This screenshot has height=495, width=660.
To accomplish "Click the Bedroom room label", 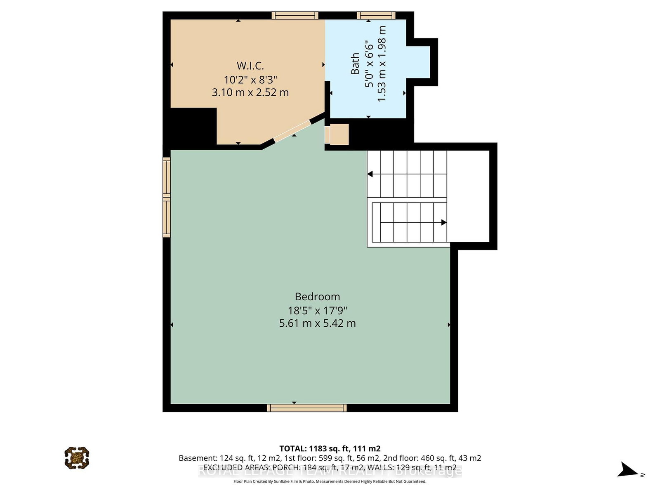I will coord(317,297).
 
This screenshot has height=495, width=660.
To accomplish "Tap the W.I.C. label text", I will coord(250,66).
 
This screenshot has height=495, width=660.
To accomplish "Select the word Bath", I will coord(355,64).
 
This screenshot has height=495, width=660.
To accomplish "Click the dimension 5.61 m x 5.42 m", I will coord(317,323).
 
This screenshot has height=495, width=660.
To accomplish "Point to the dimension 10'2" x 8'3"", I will coord(250,79).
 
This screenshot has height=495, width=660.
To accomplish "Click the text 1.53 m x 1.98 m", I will coord(382,64).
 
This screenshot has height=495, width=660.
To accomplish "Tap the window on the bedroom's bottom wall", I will coord(306,408).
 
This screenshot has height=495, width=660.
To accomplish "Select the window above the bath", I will coord(376,16).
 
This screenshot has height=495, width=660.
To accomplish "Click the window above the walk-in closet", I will coord(295,16).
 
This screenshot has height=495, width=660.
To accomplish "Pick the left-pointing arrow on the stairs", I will coord(370,174).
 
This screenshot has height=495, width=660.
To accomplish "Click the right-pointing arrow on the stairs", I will coord(443,222).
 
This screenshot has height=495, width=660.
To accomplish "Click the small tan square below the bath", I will coord(339,134).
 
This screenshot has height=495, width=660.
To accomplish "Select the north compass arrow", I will coord(629,470).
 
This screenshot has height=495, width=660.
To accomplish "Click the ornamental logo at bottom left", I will coord(77,457).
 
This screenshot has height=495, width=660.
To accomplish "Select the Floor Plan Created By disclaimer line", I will coord(330,481).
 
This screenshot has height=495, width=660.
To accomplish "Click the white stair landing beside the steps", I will coord(468,196).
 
